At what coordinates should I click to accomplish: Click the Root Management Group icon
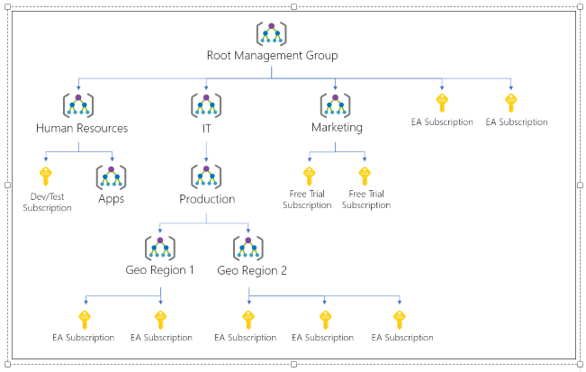tap(271, 33)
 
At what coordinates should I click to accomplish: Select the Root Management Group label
tap(273, 55)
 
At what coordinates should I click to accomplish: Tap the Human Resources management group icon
tap(78, 105)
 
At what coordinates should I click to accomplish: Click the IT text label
tap(206, 128)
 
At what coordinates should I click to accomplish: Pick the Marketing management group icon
tap(335, 105)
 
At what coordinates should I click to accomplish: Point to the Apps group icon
tap(111, 177)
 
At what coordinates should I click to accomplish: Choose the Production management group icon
tap(206, 177)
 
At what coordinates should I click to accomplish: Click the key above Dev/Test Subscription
tap(46, 177)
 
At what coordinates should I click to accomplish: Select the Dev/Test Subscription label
tap(47, 203)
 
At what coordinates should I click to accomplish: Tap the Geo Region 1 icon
tap(160, 249)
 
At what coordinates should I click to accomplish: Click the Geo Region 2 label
tap(252, 270)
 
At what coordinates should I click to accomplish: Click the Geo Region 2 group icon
tap(248, 249)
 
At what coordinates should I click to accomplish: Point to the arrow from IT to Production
tap(206, 152)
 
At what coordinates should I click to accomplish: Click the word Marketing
tap(337, 128)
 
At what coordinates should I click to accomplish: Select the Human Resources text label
tap(82, 128)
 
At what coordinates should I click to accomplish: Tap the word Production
tap(207, 199)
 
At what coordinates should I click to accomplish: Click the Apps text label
tap(111, 198)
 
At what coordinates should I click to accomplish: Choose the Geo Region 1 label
tap(159, 270)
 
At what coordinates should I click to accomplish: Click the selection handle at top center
tap(293, 6)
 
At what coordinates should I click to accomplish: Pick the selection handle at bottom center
tap(293, 364)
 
